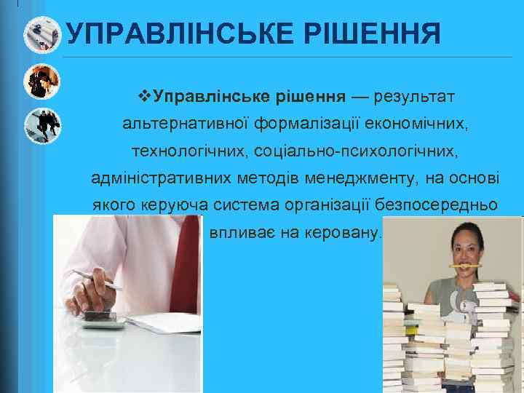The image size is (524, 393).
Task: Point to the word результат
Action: pos(411,97)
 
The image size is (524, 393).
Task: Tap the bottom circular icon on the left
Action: pos(42,125)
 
